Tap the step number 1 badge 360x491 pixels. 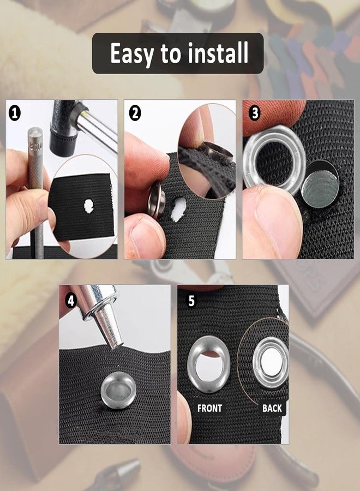15,113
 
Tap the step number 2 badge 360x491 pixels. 135,113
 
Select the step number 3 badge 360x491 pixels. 255,113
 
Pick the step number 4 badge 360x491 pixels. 71,301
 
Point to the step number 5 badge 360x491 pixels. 191,301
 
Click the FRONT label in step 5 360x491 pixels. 209,408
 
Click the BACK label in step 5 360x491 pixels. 272,408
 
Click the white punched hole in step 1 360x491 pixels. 89,206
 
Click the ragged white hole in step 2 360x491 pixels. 179,208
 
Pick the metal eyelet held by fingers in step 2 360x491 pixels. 157,200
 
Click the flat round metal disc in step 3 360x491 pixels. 320,184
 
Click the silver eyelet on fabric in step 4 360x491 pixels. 118,390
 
